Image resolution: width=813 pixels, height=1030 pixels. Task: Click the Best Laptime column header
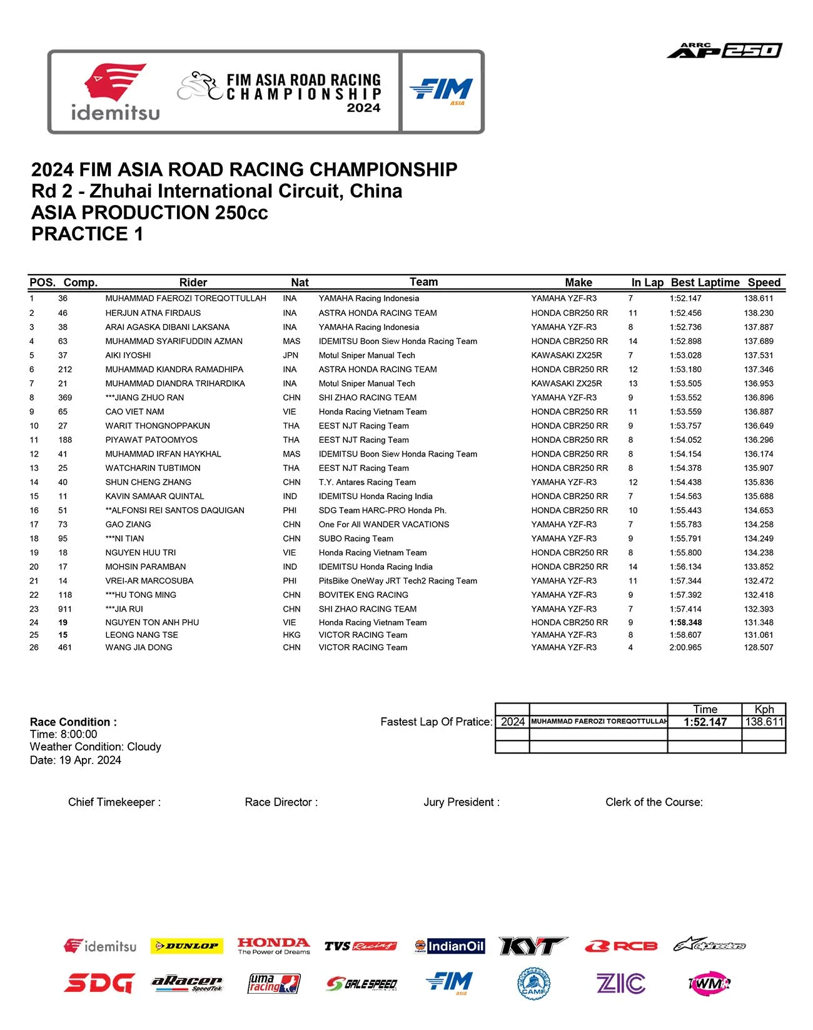(705, 283)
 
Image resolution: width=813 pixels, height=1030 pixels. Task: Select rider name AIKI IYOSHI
(128, 355)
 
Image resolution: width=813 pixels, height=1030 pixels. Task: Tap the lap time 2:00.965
(685, 648)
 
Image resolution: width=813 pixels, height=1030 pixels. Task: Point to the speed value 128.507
(759, 648)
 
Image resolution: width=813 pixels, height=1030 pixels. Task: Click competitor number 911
(65, 609)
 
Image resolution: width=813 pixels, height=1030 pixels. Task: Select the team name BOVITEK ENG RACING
(363, 595)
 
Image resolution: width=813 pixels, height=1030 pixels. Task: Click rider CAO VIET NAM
(134, 412)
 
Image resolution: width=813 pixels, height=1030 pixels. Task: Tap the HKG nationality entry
(291, 635)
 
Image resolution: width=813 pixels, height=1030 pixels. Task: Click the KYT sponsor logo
(532, 946)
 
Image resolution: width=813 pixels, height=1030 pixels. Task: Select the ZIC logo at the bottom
(620, 984)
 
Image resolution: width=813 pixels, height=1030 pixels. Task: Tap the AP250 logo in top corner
(724, 51)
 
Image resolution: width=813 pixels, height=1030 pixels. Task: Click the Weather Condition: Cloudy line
(95, 747)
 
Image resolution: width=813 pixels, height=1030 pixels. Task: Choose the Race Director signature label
(281, 802)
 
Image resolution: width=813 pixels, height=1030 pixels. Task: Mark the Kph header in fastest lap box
(764, 709)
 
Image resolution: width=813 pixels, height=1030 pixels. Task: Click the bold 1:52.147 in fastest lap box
(705, 722)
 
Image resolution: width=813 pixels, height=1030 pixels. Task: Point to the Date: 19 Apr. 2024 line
(75, 760)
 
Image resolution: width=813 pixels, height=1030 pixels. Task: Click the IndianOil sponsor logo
(450, 946)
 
